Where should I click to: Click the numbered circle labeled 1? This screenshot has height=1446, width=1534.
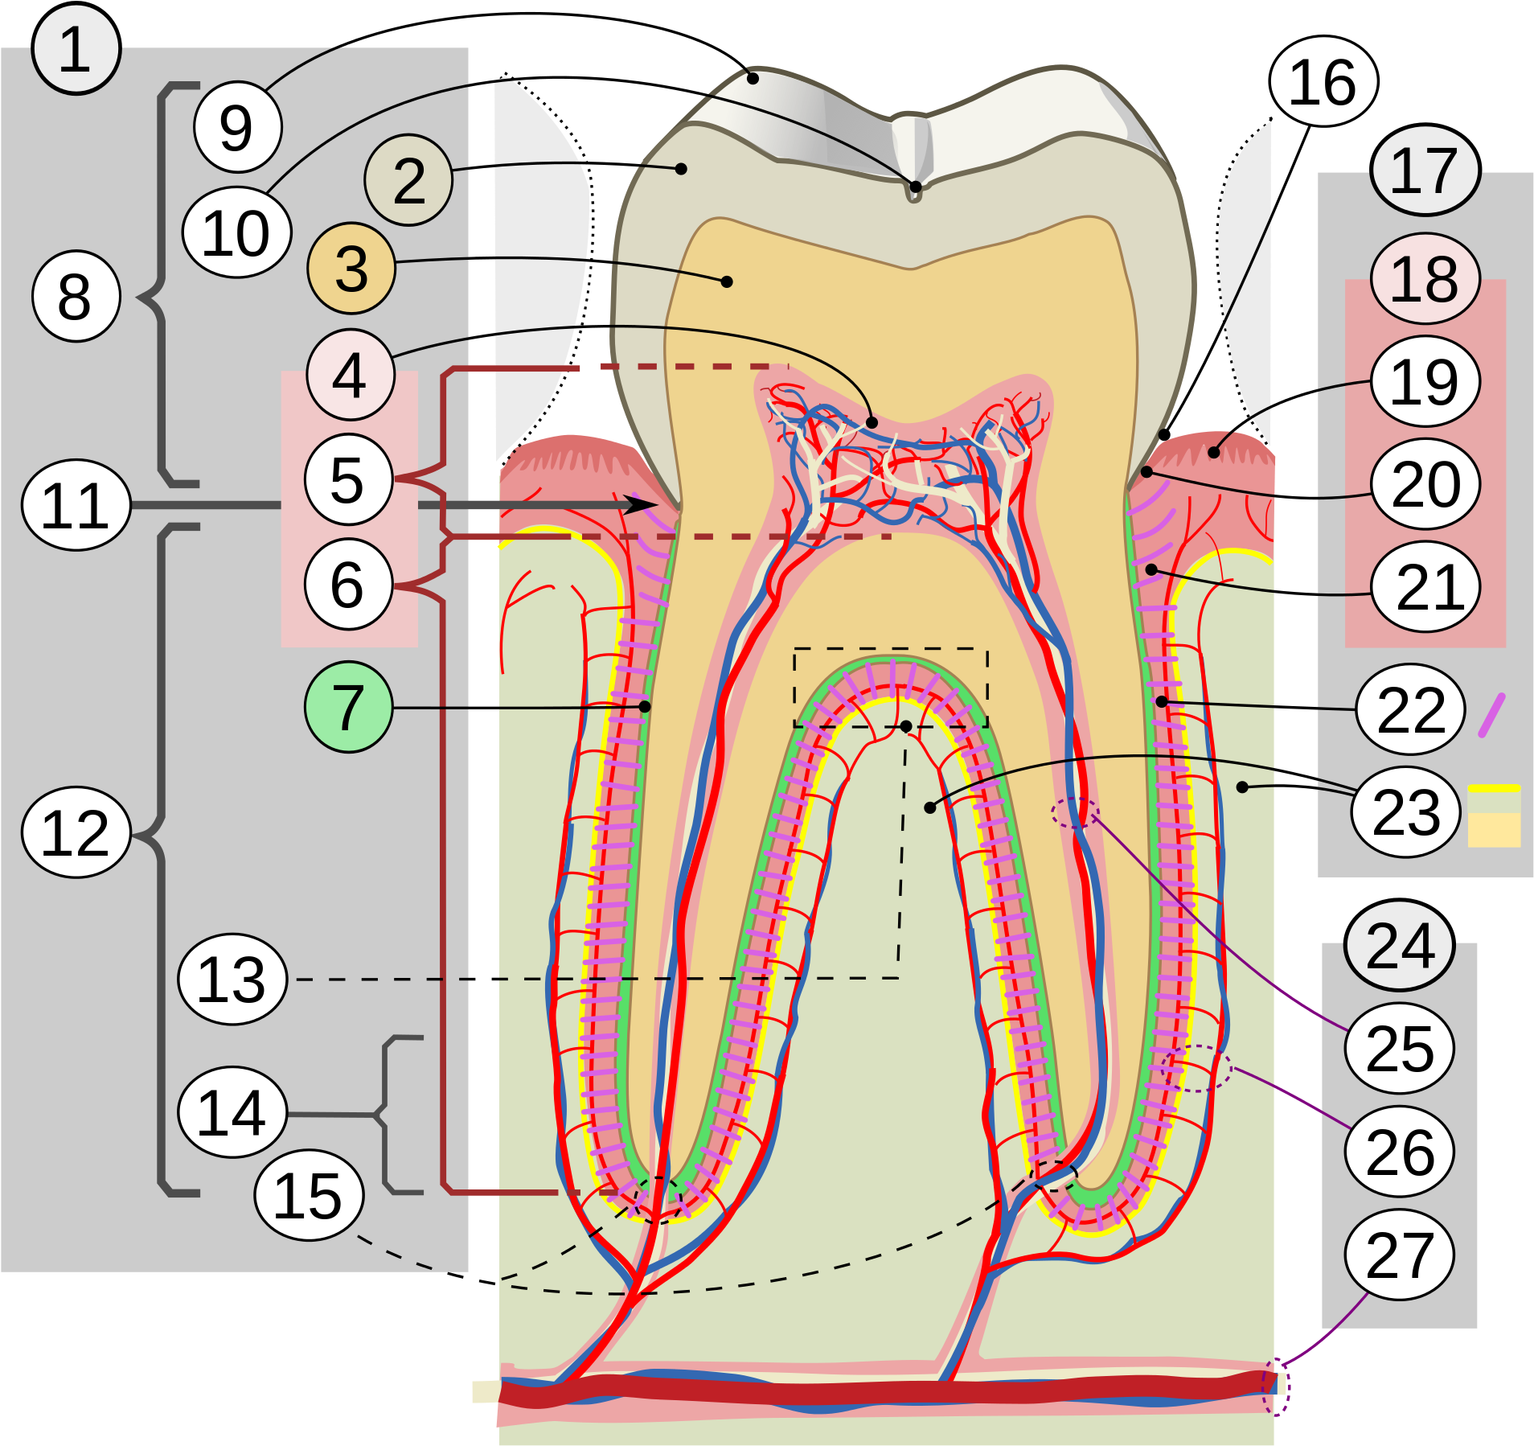76,50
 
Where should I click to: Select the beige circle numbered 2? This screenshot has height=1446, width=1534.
408,180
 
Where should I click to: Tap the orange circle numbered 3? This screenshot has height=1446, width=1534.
351,268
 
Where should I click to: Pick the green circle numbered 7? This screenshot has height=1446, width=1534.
348,707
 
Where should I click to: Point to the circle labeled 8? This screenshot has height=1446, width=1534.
76,296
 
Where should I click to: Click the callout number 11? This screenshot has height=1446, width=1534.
76,505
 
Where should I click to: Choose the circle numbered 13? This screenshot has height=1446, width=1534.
232,979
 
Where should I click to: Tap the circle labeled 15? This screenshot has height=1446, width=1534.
309,1195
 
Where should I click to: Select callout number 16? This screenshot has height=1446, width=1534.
1323,82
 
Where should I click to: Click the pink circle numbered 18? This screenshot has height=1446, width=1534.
1425,278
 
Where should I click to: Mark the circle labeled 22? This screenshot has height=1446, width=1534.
1411,709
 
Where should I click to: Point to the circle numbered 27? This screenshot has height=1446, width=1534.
1399,1255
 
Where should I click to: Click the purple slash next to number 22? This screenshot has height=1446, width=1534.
1491,715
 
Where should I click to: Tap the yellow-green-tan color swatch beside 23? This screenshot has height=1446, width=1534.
1494,815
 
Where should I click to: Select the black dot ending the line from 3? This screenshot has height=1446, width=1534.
727,281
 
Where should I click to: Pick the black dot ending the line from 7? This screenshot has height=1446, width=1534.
645,706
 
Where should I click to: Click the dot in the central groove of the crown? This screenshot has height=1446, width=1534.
915,187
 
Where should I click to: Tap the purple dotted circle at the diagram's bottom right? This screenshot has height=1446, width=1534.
1275,1386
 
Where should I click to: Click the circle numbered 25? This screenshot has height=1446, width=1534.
1399,1048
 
